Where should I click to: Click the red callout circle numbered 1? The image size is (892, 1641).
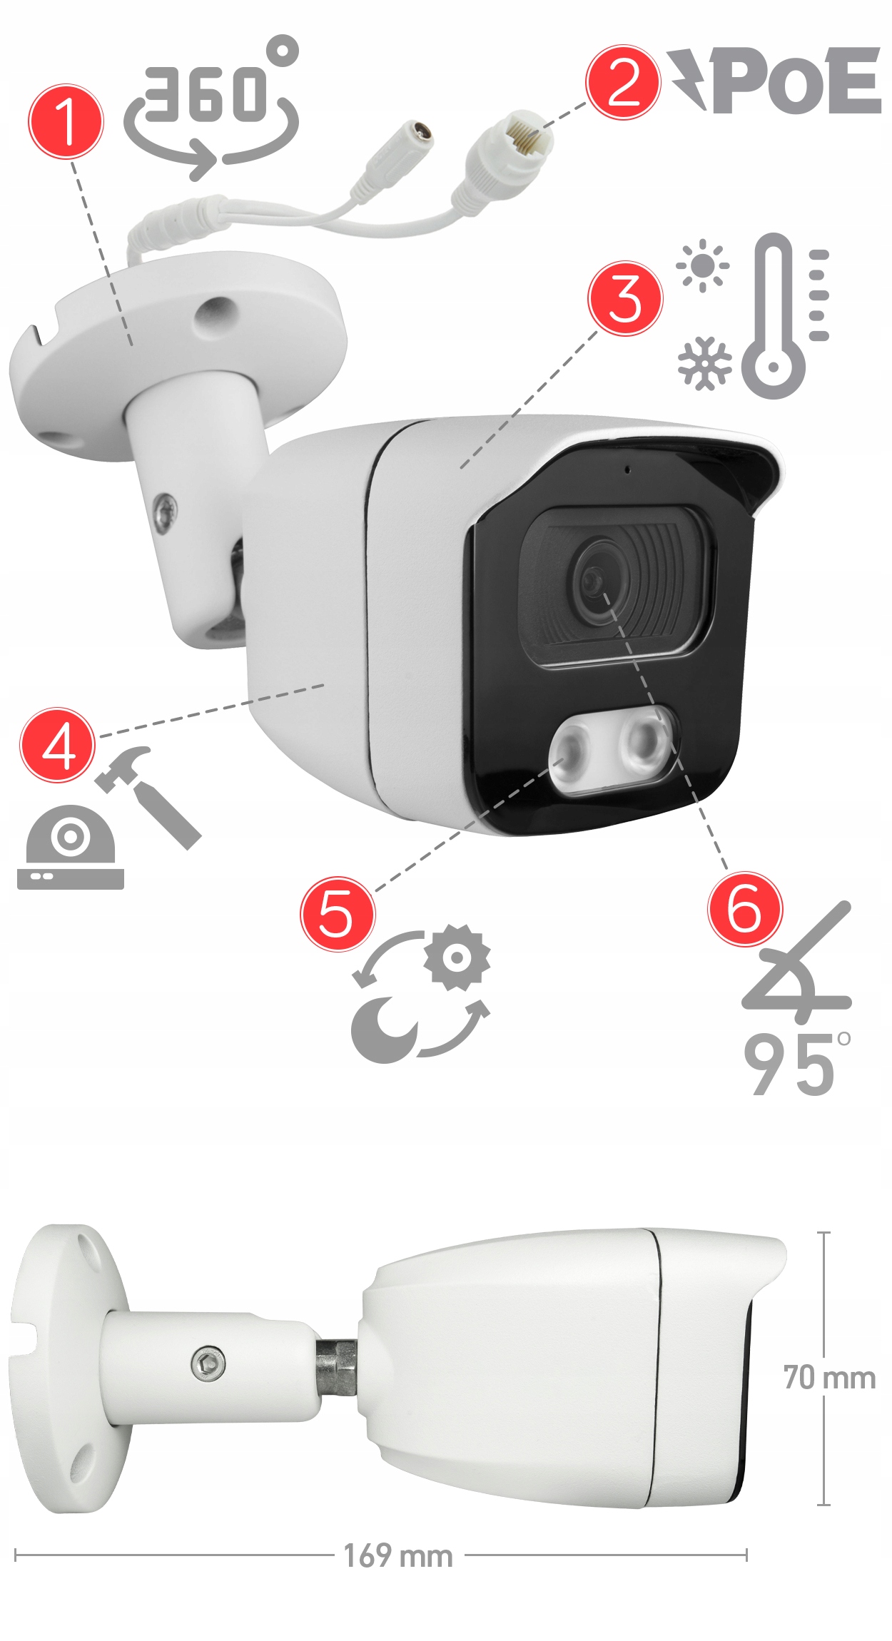tap(66, 121)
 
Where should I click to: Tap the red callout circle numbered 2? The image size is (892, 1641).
tap(624, 82)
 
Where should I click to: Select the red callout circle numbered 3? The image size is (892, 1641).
tap(625, 298)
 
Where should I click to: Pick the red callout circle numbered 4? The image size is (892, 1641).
tap(57, 746)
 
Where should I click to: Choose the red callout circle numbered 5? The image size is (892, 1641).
tap(338, 914)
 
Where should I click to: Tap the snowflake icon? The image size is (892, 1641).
tap(704, 363)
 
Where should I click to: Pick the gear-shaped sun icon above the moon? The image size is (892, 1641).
tap(457, 957)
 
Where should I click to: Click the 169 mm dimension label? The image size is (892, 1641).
tap(398, 1556)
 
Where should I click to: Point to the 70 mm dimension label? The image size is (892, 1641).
tap(829, 1378)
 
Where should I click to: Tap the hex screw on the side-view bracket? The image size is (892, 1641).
tap(208, 1365)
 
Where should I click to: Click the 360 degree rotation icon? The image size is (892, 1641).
tap(211, 111)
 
